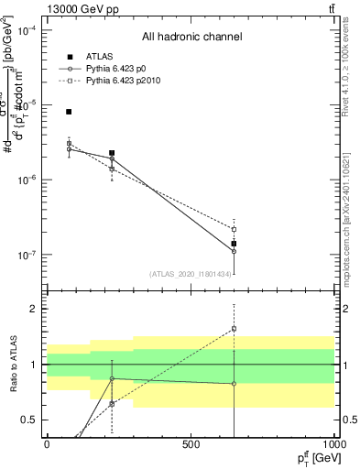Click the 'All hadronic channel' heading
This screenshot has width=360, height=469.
click(x=191, y=37)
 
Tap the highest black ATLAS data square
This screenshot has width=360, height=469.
click(x=69, y=112)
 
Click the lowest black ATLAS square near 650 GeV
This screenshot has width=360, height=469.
click(x=234, y=244)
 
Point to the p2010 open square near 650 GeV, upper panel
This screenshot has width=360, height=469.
click(x=234, y=229)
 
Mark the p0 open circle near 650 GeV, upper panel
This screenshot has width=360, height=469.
click(x=234, y=251)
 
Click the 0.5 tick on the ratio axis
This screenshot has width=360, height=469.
click(x=29, y=420)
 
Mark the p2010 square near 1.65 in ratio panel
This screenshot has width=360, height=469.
click(x=234, y=328)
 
